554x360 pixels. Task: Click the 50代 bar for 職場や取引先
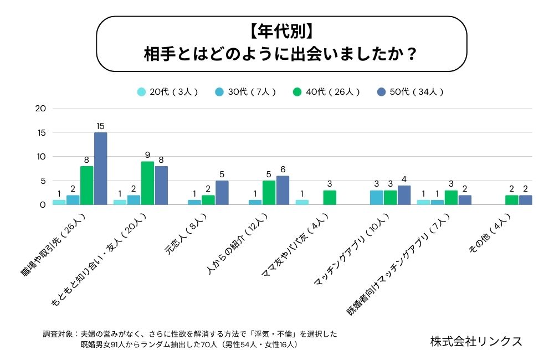point(100,168)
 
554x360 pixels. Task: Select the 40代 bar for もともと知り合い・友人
point(148,183)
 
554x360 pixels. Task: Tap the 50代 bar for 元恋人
point(222,192)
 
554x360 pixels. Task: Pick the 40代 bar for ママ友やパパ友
point(330,197)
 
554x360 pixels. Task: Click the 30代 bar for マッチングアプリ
point(376,197)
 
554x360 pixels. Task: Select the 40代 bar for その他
point(512,200)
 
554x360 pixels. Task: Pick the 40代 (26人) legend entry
point(327,92)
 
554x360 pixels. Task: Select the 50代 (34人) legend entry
point(411,92)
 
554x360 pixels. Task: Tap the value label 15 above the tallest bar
point(100,126)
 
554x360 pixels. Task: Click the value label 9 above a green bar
point(148,155)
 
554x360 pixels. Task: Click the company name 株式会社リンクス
point(476,341)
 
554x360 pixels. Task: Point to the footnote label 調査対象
point(58,335)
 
